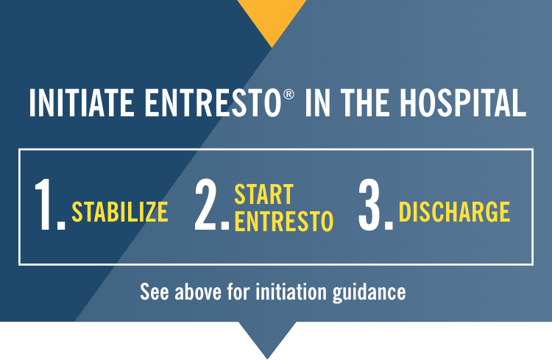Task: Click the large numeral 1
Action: pos(48,205)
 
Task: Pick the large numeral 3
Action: pos(374,205)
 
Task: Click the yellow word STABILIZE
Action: pos(120,212)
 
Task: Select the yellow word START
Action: pos(263,195)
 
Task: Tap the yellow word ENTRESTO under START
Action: pos(283,221)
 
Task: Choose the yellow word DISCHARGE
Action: pos(454,212)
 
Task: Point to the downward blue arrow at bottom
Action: pos(266,337)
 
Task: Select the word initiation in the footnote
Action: pos(294,292)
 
